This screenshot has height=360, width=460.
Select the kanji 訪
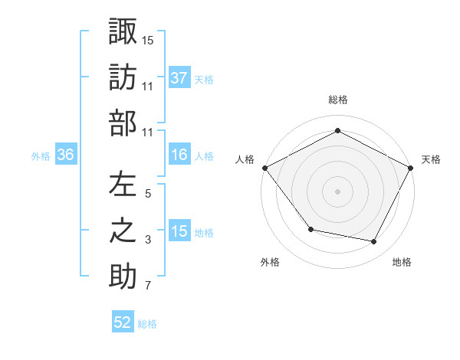point(123,78)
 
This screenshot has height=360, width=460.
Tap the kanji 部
point(123,124)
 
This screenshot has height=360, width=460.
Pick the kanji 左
point(123,185)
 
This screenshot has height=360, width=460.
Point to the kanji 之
point(123,232)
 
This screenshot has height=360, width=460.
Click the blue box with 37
point(179,78)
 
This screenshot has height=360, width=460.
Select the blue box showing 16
point(179,155)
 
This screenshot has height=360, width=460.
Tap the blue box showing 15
point(179,232)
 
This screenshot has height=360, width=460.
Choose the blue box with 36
point(66,155)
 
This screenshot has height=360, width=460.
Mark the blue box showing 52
point(123,322)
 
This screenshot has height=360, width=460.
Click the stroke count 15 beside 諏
point(148,39)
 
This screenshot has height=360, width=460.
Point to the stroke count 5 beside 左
point(148,194)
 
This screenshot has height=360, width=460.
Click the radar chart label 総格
point(337,100)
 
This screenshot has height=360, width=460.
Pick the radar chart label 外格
point(270,262)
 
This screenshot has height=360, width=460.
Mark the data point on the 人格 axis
point(264,167)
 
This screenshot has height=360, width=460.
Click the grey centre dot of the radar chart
point(337,191)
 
